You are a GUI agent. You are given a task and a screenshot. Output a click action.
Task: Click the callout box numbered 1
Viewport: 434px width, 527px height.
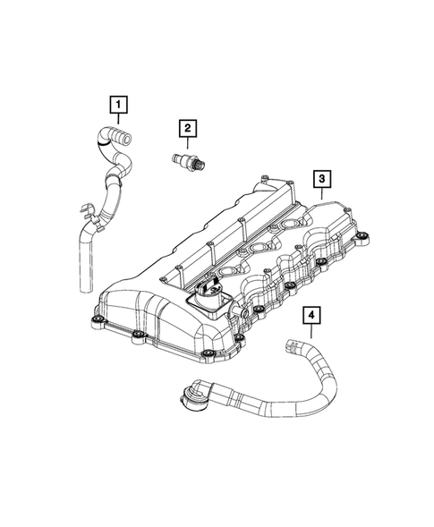pyautogui.click(x=116, y=106)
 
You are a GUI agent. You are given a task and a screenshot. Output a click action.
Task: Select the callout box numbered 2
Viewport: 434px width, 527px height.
pyautogui.click(x=187, y=130)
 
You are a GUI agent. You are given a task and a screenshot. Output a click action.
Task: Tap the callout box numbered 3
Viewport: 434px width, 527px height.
pyautogui.click(x=319, y=180)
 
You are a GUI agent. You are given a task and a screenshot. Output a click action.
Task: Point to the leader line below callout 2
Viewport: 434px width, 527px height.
pyautogui.click(x=187, y=145)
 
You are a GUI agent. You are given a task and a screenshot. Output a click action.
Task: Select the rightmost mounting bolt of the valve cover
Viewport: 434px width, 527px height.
pyautogui.click(x=362, y=238)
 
